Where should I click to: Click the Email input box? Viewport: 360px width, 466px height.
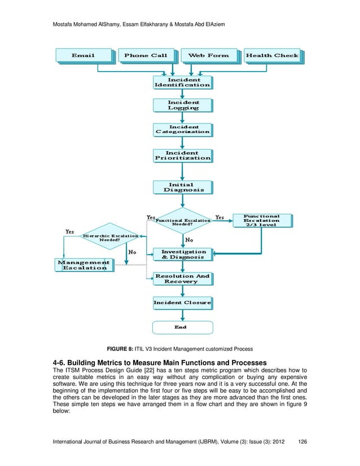pos(84,55)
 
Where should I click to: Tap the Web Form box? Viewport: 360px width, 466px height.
pos(209,55)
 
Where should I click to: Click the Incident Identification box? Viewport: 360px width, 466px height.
pos(182,82)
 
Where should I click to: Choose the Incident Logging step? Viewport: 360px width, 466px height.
pos(182,105)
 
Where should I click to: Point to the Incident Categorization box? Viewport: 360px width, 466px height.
pos(182,129)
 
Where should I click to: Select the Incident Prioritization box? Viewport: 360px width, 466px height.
pos(182,156)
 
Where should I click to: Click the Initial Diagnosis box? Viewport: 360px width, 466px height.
pos(183,187)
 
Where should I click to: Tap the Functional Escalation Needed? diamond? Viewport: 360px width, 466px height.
pos(182,222)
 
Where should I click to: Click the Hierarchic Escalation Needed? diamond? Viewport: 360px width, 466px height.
pos(110,238)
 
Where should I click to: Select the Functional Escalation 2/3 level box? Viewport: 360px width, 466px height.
pos(261,221)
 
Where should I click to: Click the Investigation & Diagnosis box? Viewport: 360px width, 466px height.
pos(183,254)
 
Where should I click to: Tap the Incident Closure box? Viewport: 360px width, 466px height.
pos(182,303)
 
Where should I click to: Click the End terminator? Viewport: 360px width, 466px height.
pos(182,327)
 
